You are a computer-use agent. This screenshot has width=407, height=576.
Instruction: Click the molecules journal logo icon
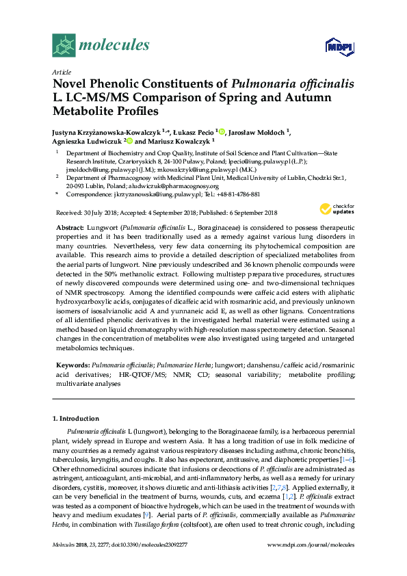tap(65, 46)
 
